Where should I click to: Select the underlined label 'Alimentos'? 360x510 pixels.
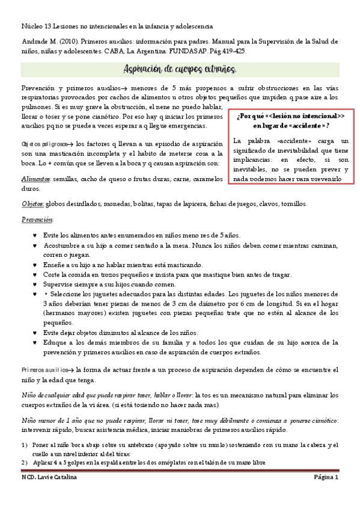[35, 179]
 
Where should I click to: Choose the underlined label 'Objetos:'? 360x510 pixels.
[33, 204]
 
